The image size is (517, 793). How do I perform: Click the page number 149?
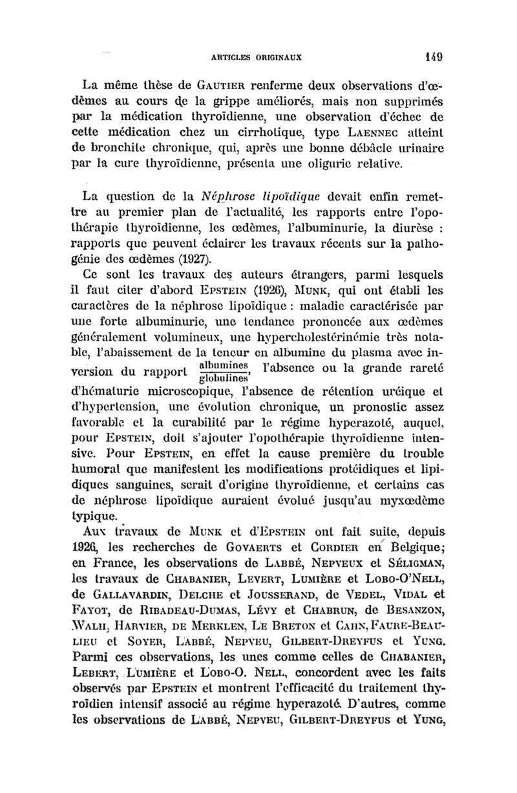pos(432,55)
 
